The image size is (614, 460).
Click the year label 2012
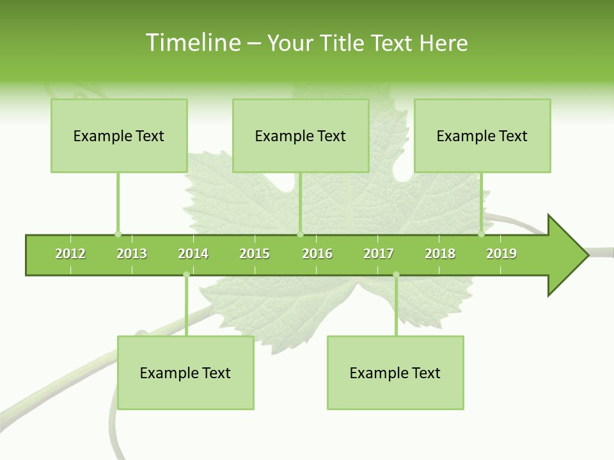point(70,254)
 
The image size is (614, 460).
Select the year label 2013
point(132,254)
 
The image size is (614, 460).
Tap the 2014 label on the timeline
point(193,254)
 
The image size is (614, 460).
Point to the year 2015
point(255,254)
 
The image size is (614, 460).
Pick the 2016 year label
point(317,254)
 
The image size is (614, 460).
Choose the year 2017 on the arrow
point(379,254)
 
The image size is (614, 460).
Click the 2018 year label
point(440,254)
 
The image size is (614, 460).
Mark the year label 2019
point(501,254)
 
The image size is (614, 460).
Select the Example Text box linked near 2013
point(119,135)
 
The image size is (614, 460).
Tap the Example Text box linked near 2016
point(301,135)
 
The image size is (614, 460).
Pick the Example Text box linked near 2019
point(482,135)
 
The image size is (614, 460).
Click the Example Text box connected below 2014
point(185,372)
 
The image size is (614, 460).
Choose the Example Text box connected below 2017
point(395,372)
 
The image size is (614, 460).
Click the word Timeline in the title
point(191,43)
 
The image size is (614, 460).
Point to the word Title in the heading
point(344,43)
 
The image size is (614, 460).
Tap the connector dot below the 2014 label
point(186,275)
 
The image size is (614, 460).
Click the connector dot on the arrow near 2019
point(481,234)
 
